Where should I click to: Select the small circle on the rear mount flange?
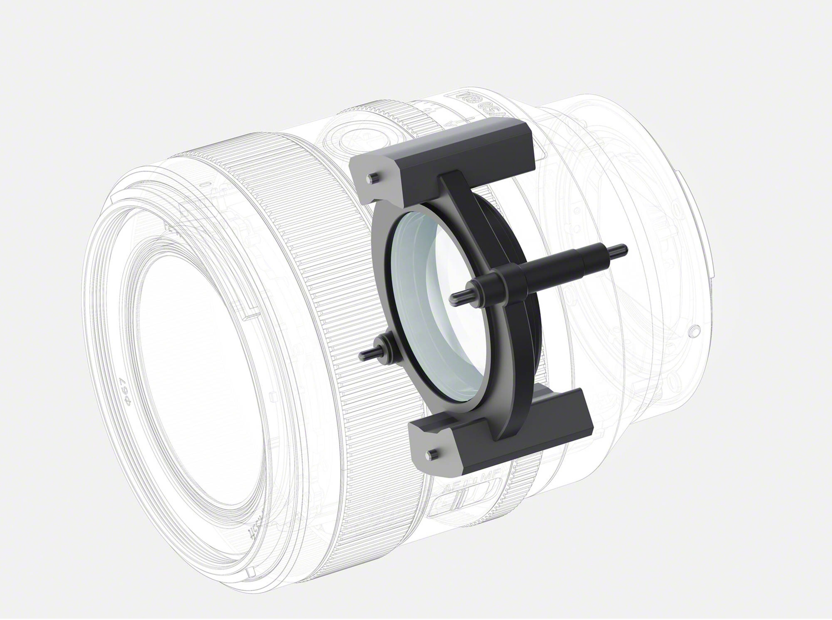pos(694,332)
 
